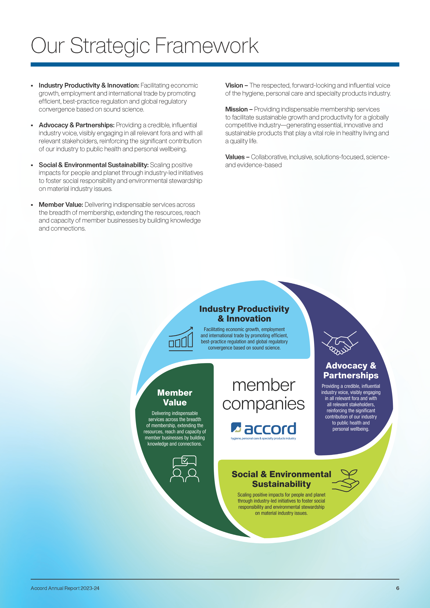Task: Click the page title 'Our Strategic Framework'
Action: click(x=145, y=46)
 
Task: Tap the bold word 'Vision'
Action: click(x=234, y=86)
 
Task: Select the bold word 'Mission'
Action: click(x=236, y=109)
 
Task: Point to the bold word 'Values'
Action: click(x=235, y=157)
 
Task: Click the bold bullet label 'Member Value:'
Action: click(x=61, y=205)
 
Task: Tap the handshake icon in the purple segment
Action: click(x=340, y=343)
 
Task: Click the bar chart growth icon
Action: click(x=181, y=339)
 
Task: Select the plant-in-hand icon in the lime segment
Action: click(x=346, y=481)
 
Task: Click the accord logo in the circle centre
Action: click(x=263, y=431)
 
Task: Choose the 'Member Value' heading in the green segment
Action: click(x=175, y=397)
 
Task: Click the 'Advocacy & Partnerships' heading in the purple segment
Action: click(x=351, y=370)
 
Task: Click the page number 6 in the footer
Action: click(x=397, y=588)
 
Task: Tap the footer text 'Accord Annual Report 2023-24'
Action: click(x=65, y=588)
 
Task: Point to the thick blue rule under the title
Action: click(x=215, y=64)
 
